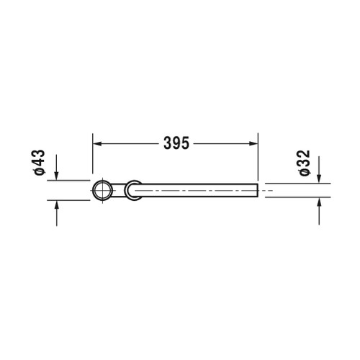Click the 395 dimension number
point(175,143)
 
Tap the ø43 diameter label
point(40,163)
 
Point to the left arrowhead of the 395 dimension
point(97,143)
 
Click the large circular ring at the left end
point(102,190)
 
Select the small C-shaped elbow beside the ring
point(131,190)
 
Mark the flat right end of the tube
point(257,190)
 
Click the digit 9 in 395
point(175,143)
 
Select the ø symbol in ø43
point(40,173)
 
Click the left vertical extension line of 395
point(92,155)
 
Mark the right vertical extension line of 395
point(258,155)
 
